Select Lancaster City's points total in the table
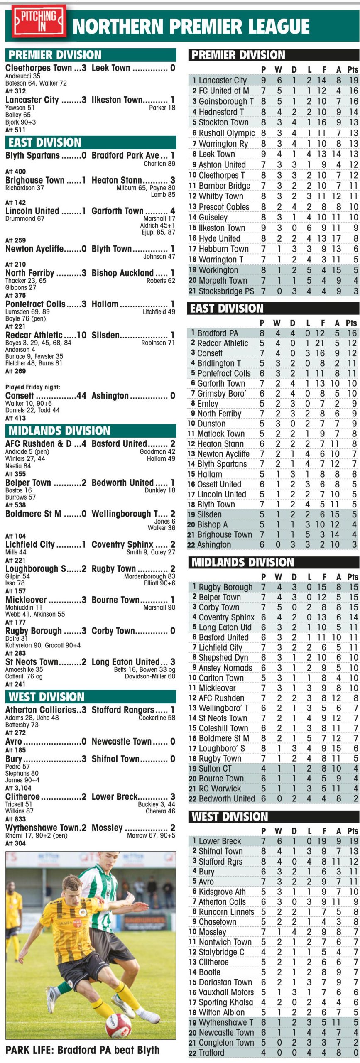[x=353, y=80]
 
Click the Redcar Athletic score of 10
[x=81, y=335]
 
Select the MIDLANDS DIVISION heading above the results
[x=59, y=431]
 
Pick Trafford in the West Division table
[x=211, y=1053]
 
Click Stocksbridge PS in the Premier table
[x=226, y=291]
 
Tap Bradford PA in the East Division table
[x=218, y=333]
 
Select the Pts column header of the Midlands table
[x=353, y=577]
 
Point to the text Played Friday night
[x=32, y=387]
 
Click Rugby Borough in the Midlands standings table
[x=225, y=587]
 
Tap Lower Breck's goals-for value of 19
[x=324, y=841]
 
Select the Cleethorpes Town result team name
[x=39, y=68]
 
